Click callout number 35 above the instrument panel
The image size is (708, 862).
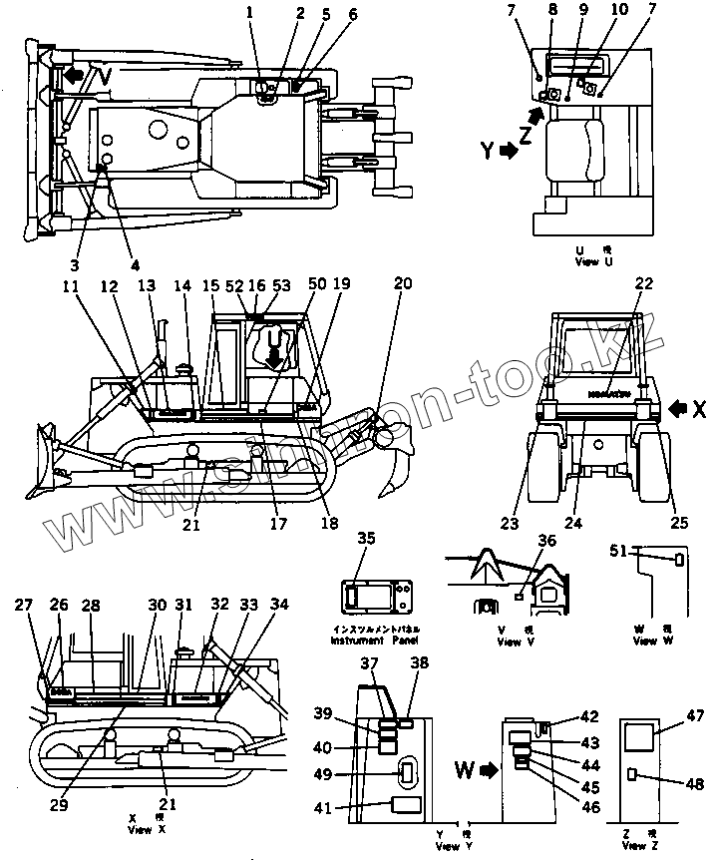366,539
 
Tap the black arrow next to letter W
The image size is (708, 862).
489,770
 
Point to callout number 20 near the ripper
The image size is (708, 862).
402,283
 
